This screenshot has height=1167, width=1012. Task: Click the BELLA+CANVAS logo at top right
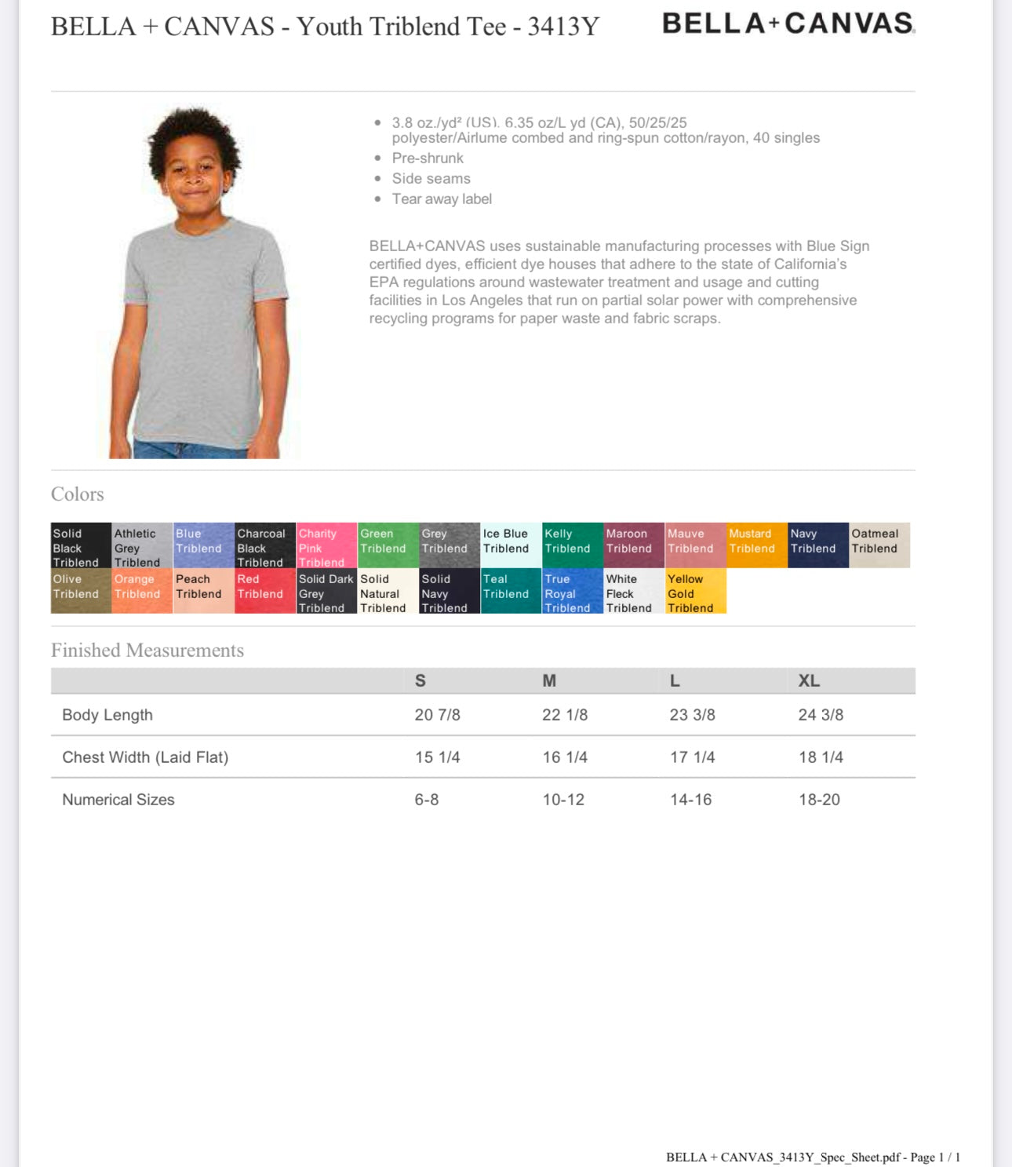(788, 24)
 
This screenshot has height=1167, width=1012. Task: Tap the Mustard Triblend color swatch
(757, 545)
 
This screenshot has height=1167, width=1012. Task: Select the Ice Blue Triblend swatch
(511, 545)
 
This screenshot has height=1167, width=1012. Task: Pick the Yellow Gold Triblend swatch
(696, 591)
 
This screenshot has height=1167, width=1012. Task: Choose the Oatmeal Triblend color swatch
(879, 545)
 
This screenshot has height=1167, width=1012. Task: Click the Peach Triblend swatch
(203, 591)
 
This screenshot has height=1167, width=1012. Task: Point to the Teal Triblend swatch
(511, 591)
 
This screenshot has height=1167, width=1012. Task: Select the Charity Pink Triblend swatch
(326, 545)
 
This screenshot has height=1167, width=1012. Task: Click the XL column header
(809, 681)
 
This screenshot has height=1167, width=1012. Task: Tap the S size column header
(420, 681)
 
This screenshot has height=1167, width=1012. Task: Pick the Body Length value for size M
(565, 715)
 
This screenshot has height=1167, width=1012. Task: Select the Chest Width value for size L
(692, 757)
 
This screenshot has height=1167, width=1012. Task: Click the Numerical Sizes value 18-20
(819, 800)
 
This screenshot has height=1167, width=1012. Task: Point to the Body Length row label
(107, 715)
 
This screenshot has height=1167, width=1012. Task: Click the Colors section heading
(78, 494)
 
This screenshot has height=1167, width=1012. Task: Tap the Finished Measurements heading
(147, 651)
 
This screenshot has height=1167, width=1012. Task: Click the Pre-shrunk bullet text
(428, 159)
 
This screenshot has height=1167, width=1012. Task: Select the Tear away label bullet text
(442, 199)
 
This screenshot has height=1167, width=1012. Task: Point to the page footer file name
(813, 1157)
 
